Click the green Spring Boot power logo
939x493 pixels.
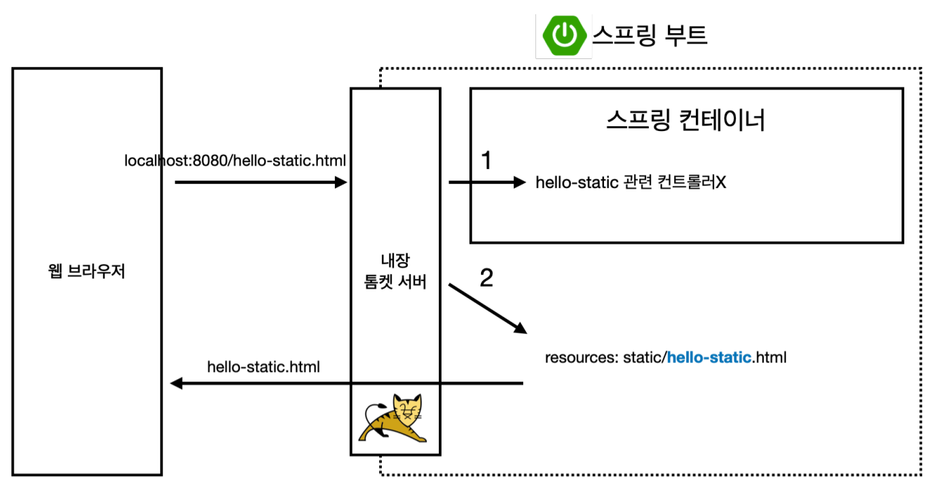563,35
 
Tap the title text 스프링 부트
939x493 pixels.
650,35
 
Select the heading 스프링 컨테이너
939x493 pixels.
686,120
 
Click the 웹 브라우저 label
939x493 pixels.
87,273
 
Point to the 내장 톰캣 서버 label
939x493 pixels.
395,272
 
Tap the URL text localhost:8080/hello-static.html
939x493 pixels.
235,161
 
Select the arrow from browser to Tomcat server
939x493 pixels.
261,182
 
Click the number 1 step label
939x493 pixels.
486,160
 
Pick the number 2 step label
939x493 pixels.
486,278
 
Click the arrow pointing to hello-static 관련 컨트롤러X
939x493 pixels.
487,182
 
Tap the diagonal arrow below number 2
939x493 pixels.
487,308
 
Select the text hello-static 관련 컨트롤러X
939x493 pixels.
631,183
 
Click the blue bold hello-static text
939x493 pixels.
709,357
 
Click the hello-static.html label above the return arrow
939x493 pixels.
264,367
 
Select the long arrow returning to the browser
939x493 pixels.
347,384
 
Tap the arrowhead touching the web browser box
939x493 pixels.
177,384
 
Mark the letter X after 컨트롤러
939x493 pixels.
721,183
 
